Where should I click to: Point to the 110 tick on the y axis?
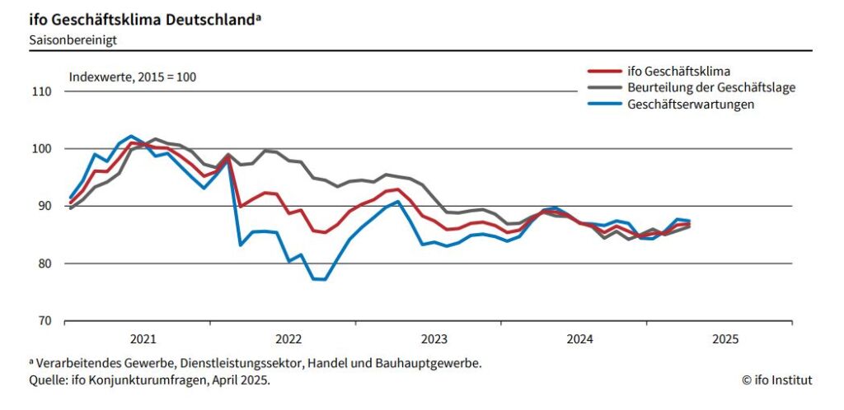(41, 91)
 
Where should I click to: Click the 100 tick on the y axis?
(41, 149)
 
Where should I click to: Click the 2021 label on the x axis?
(143, 339)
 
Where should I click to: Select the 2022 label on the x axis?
(288, 339)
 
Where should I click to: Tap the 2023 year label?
(434, 339)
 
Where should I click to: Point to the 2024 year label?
(579, 339)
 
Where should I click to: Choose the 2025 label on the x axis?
(724, 339)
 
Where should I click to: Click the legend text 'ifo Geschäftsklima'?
(679, 71)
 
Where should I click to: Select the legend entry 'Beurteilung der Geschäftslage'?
(711, 87)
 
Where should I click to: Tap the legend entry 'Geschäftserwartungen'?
(691, 104)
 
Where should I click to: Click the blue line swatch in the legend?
(603, 104)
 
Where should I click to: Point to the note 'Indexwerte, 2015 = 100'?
(133, 77)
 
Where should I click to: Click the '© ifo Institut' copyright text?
(776, 380)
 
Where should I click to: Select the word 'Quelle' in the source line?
(47, 380)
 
